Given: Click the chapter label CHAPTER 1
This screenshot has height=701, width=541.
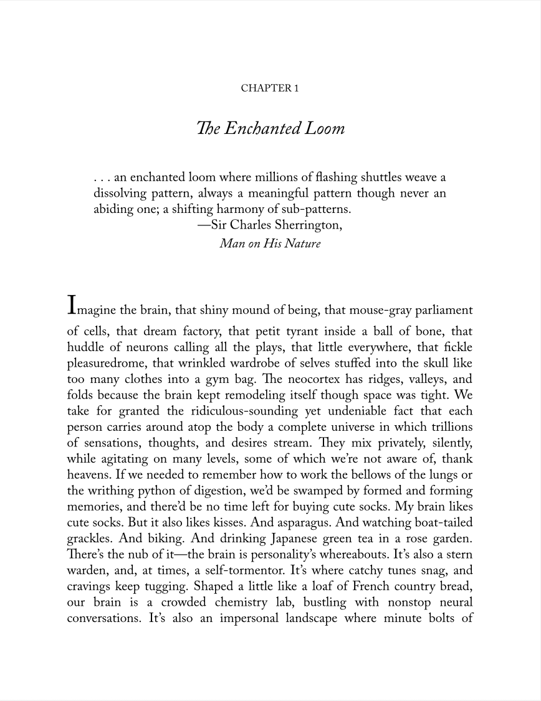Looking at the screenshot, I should pyautogui.click(x=270, y=88).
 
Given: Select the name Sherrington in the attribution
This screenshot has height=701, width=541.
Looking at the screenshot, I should pyautogui.click(x=310, y=225).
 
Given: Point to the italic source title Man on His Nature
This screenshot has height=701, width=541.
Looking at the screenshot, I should pyautogui.click(x=270, y=243).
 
